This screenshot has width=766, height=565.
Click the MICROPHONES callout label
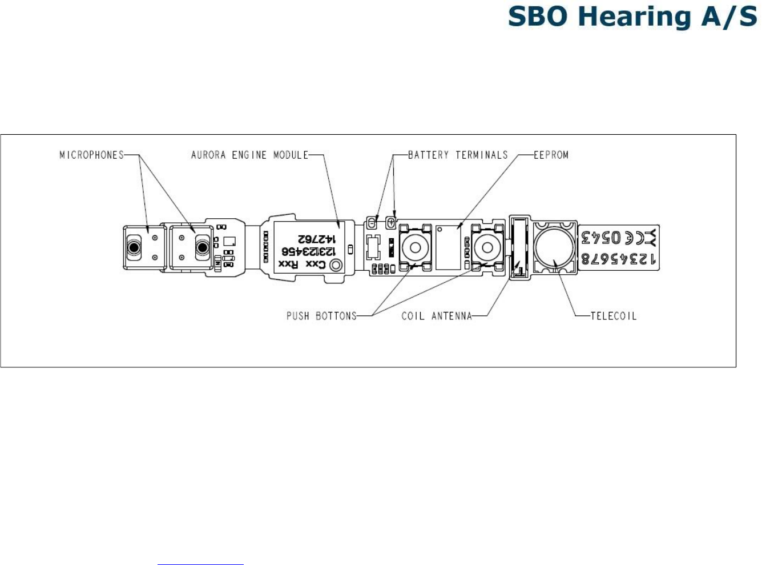[x=91, y=155]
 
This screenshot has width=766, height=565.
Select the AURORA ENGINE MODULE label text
[x=249, y=155]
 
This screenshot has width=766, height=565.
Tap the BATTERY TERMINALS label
[x=458, y=155]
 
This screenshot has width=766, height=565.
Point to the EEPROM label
[x=551, y=155]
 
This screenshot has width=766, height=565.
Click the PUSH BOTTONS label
[x=321, y=316]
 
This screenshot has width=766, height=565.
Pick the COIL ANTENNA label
[x=437, y=316]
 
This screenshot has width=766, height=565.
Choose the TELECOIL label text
[x=613, y=316]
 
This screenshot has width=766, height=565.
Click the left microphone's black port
[x=134, y=248]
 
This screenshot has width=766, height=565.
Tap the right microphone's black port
[x=202, y=248]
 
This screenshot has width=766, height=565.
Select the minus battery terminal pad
[x=372, y=222]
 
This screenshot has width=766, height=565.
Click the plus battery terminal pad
[x=392, y=221]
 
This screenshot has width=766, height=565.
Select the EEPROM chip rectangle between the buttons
[x=448, y=247]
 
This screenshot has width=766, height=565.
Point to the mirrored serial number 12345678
[x=618, y=259]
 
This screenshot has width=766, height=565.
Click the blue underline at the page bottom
[x=200, y=564]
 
